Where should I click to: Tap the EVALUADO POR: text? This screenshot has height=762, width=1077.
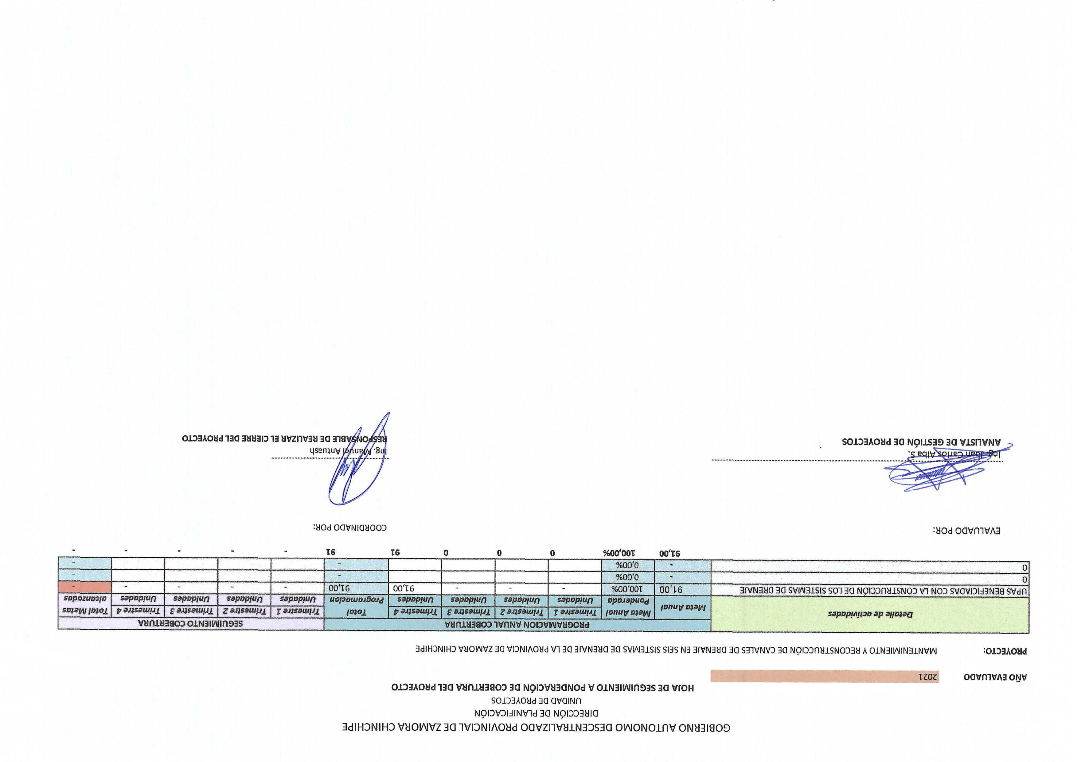tap(967, 531)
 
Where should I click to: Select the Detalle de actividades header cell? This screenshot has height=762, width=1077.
tap(870, 614)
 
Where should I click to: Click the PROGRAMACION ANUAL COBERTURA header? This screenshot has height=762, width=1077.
tap(517, 625)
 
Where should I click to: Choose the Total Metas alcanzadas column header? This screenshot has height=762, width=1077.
tap(85, 605)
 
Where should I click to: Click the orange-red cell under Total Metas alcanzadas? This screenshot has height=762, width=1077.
tap(85, 587)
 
